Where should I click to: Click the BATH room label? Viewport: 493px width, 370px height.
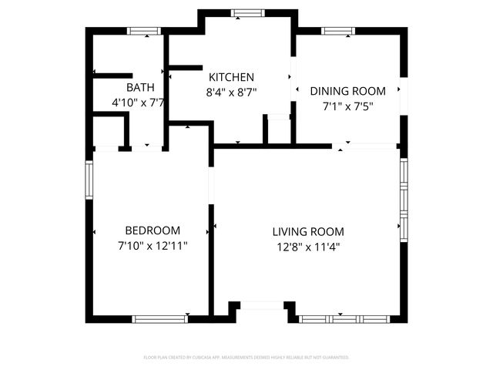[140, 87]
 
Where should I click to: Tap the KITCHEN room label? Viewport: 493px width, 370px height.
[232, 77]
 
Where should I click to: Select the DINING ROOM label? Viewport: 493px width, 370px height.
[347, 91]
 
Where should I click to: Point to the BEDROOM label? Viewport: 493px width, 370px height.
[153, 230]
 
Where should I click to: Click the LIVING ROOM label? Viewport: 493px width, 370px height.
[308, 231]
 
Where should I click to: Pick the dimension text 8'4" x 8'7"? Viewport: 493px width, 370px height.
[232, 92]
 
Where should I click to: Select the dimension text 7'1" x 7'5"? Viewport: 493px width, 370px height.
[347, 106]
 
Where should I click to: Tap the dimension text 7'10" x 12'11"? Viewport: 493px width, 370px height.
[153, 246]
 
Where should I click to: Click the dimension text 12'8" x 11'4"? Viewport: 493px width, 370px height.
[308, 247]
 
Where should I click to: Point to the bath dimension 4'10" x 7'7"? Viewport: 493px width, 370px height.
[139, 102]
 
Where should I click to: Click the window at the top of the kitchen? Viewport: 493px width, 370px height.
[247, 12]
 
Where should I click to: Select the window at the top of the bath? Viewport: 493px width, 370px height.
[143, 31]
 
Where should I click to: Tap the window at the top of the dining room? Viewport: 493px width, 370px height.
[337, 31]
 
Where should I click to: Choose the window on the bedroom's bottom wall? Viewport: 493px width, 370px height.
[160, 318]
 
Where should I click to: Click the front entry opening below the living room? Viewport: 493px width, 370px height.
[262, 307]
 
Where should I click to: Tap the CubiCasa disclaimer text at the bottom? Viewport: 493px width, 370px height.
[246, 357]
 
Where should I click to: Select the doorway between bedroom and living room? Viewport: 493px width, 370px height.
[210, 185]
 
